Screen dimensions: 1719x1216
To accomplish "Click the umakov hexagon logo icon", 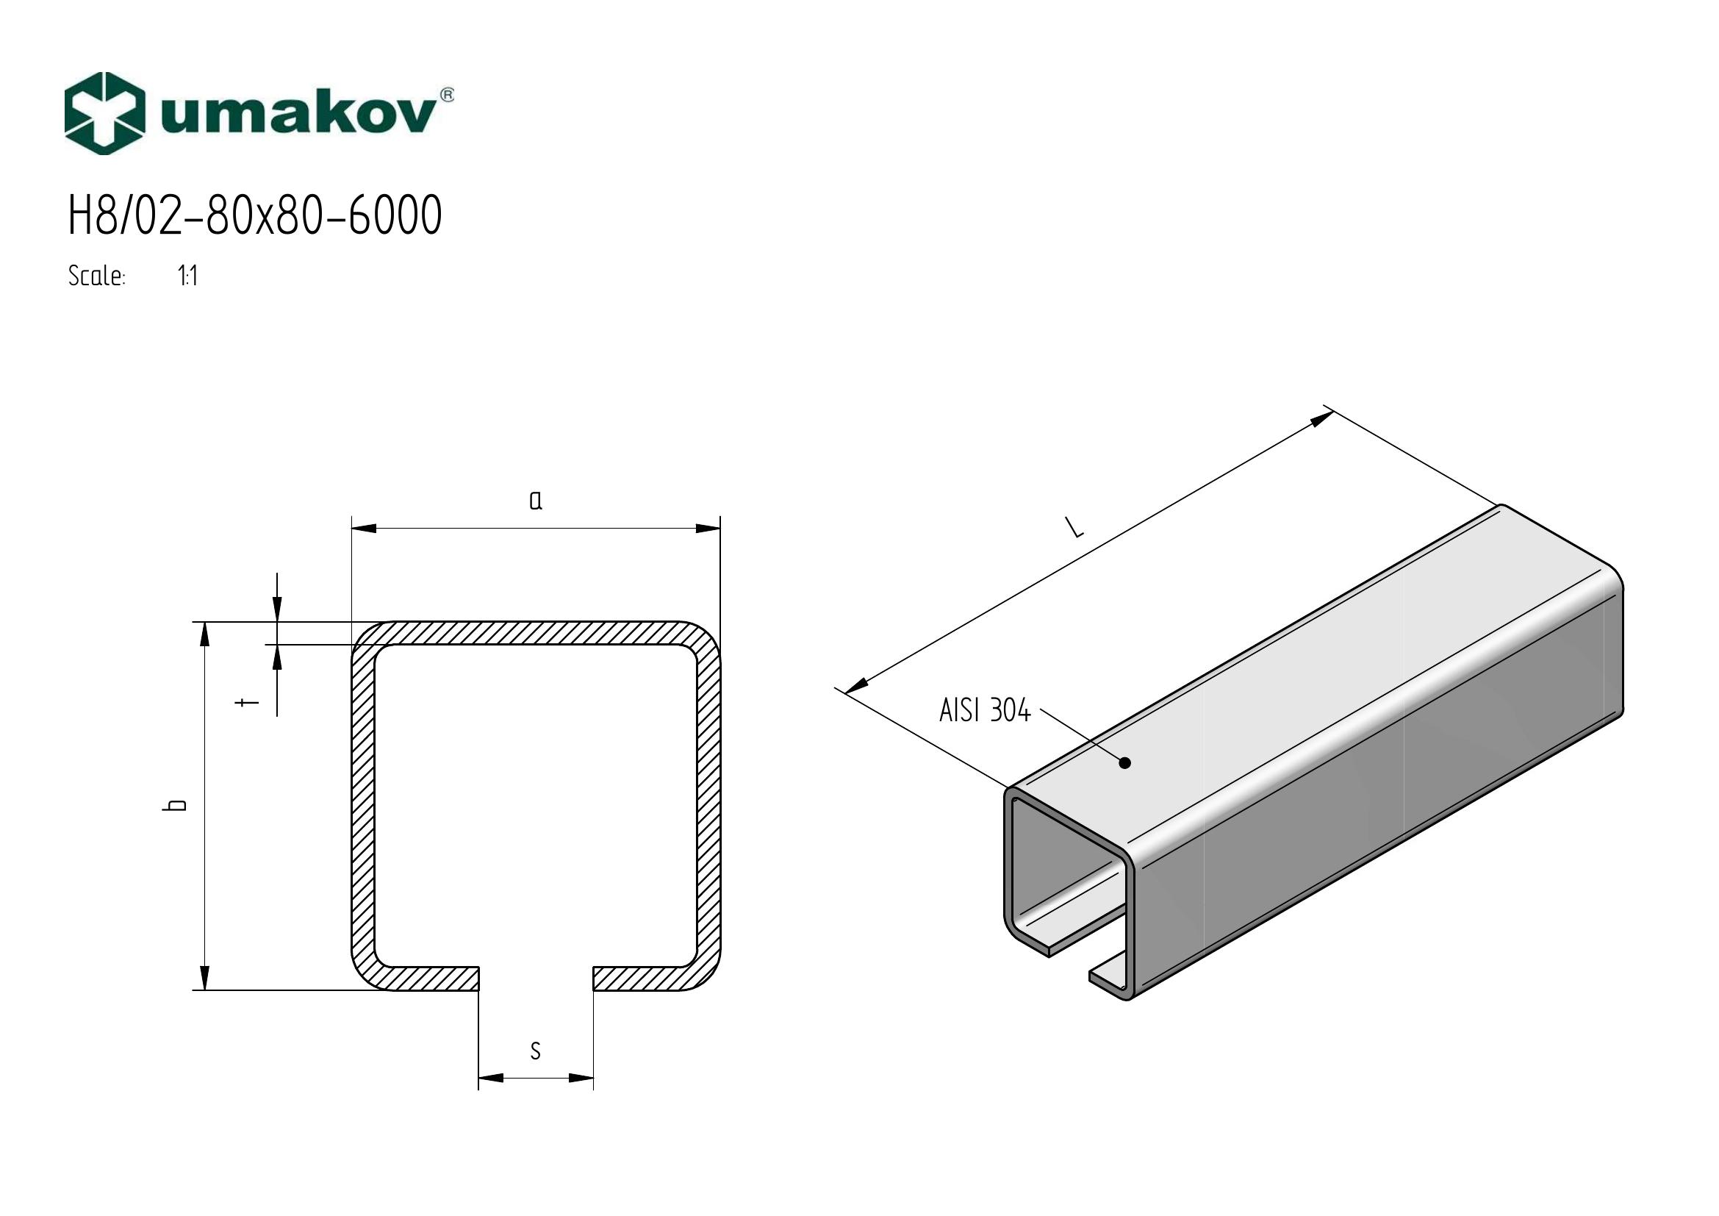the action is [104, 114].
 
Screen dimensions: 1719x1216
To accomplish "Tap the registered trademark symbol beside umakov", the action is [447, 95].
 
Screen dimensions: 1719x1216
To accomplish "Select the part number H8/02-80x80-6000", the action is [255, 215].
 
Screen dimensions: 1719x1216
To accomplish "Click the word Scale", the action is [96, 276].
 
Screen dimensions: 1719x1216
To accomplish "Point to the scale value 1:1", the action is [188, 276].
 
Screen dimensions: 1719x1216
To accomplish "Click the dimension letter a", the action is [535, 500].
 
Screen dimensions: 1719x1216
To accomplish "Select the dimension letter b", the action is [177, 806].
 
